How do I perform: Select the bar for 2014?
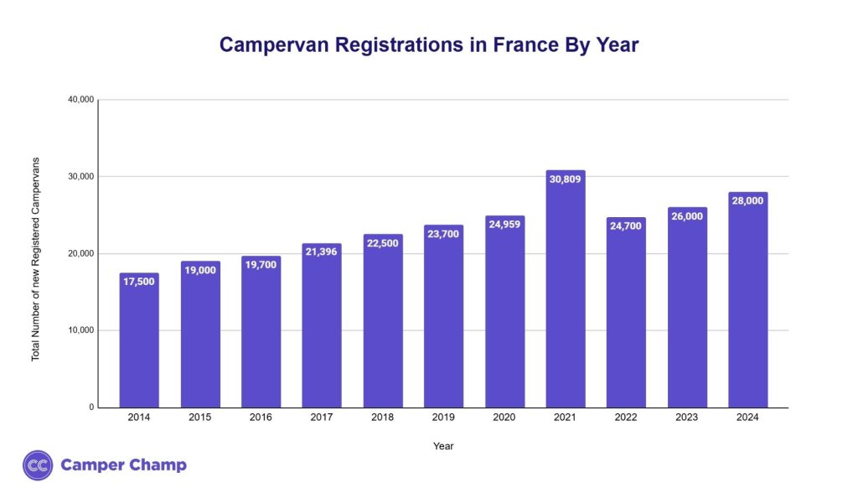click(139, 344)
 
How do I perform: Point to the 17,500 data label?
click(139, 281)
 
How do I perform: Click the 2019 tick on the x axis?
click(443, 418)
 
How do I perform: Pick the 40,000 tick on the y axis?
click(80, 100)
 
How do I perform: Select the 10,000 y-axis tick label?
click(80, 330)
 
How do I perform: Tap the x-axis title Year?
click(443, 446)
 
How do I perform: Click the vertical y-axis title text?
click(36, 259)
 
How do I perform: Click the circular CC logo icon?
click(38, 465)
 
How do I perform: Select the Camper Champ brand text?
click(123, 465)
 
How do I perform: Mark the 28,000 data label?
click(747, 200)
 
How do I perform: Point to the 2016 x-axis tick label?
click(261, 418)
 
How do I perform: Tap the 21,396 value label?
click(322, 252)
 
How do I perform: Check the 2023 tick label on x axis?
click(687, 418)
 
